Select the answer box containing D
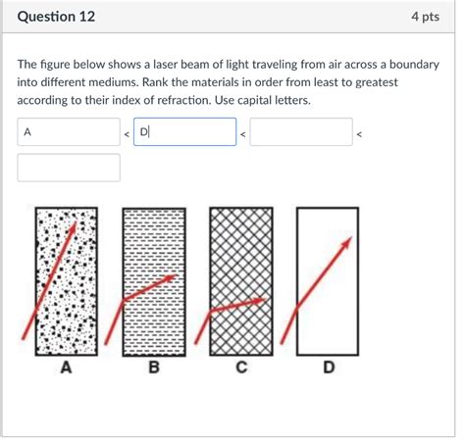point(185,132)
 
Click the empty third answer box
point(301,132)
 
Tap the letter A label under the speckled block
point(66,368)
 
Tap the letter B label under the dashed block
point(153,368)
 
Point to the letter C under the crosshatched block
point(240,368)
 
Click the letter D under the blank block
point(328,368)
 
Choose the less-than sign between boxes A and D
point(126,134)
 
